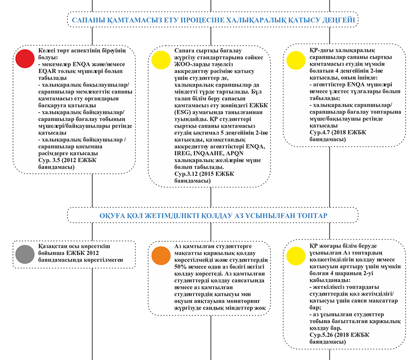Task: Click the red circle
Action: tap(25, 59)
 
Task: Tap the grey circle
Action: tap(25, 254)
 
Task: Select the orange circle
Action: tap(161, 256)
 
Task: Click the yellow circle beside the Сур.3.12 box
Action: tap(161, 60)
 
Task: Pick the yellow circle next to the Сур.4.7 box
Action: tap(296, 60)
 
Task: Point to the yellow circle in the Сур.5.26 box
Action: tap(296, 256)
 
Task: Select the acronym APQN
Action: tap(234, 153)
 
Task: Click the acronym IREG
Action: tap(182, 153)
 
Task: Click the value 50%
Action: tap(180, 267)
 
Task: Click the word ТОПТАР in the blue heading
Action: tap(312, 216)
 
